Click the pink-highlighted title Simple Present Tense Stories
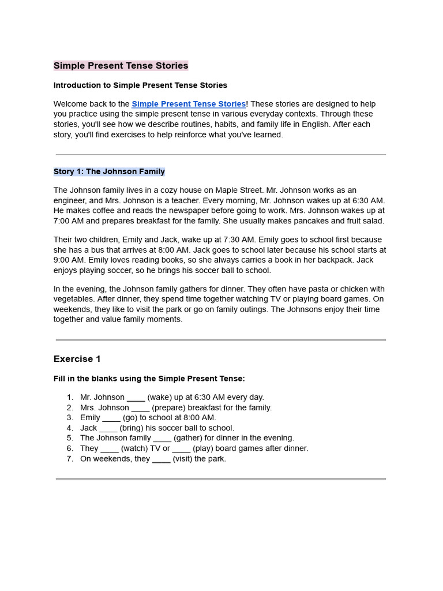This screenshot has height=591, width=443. point(121,66)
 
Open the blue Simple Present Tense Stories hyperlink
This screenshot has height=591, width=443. point(189,104)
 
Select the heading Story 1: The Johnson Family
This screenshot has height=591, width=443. point(109,171)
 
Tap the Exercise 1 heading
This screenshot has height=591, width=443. point(77,359)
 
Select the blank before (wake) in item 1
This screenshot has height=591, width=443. point(136,398)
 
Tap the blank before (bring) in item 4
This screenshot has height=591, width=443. point(108,428)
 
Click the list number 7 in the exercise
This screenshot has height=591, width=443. point(70,459)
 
